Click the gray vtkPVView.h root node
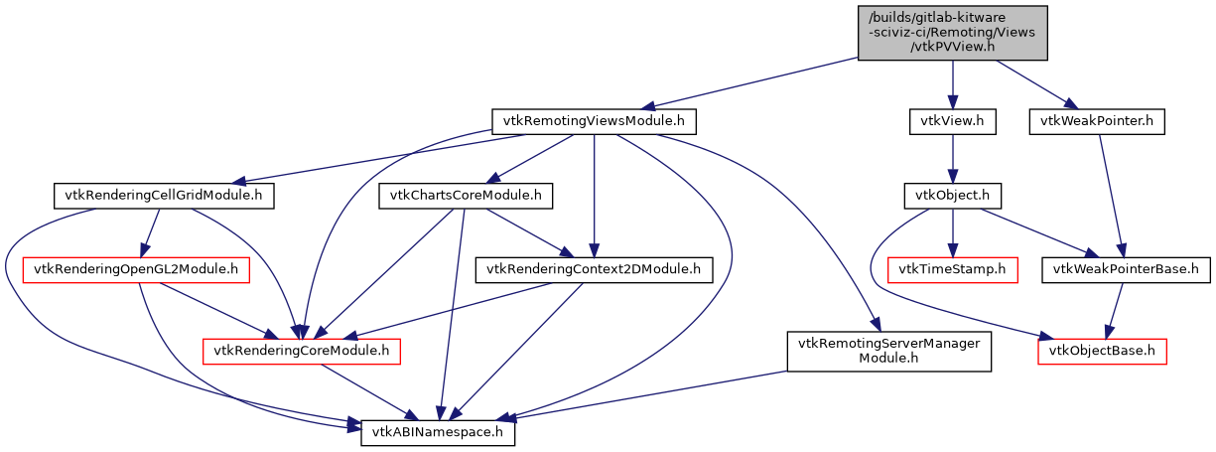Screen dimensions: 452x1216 coord(952,33)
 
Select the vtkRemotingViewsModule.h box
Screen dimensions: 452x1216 coord(593,122)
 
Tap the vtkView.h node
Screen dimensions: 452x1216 coord(952,122)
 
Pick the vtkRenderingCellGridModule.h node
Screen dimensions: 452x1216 coord(163,196)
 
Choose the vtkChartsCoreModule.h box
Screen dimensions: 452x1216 coord(465,196)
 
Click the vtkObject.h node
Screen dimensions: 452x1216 coord(952,196)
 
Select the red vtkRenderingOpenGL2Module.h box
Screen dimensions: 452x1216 coord(137,269)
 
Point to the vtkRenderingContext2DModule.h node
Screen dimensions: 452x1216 coord(594,269)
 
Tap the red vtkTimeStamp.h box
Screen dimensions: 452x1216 coord(952,269)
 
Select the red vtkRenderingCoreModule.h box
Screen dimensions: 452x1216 coord(302,351)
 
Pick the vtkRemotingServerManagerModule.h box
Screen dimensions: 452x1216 coord(889,351)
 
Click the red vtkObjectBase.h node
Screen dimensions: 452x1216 coord(1102,351)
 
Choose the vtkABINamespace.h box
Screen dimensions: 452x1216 coord(438,434)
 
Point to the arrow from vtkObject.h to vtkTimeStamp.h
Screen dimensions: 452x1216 coord(952,232)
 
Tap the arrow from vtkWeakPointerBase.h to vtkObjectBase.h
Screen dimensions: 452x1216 coord(1113,310)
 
